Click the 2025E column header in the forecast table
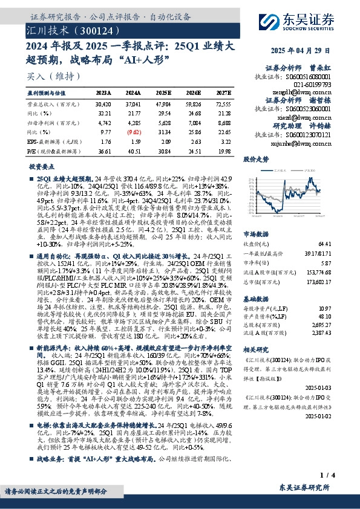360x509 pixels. point(163,93)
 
